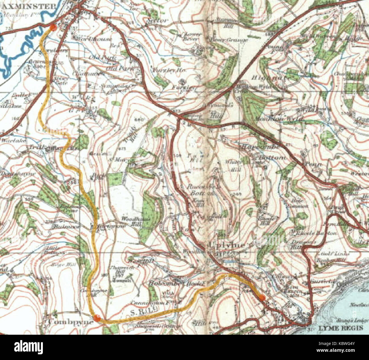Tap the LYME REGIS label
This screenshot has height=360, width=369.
[341, 328]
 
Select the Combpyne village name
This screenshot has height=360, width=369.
[71, 322]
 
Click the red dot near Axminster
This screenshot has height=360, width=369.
[53, 28]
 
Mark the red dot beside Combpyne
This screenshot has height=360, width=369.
[97, 318]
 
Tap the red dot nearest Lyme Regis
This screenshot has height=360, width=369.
[262, 297]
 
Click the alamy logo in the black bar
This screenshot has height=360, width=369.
[28, 347]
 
